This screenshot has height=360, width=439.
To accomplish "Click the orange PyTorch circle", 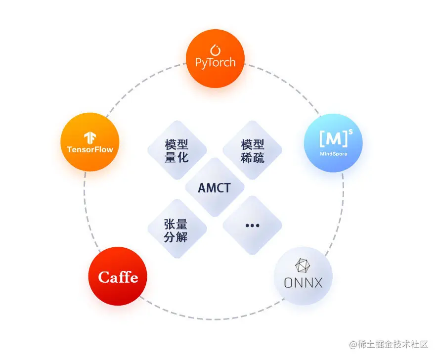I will (215, 58).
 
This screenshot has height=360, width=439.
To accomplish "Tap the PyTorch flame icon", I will (215, 50).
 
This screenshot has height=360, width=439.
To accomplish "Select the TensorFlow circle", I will (90, 142).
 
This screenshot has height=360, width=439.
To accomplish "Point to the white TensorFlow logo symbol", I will (89, 137).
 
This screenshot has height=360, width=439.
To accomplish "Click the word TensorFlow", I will (90, 149).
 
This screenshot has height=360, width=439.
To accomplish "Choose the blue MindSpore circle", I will (333, 143).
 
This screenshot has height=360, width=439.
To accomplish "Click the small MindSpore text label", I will (333, 154).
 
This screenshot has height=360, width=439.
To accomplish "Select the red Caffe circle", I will (118, 276).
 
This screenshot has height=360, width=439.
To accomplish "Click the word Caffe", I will (118, 277).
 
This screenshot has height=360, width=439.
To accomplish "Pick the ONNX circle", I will (303, 276).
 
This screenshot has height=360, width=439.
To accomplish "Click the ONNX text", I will (303, 283).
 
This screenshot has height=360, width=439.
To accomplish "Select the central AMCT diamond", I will (214, 187).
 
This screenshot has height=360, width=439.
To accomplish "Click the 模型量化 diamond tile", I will (176, 150).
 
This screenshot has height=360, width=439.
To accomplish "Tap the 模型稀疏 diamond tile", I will (252, 150).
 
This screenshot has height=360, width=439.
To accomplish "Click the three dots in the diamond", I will (252, 225).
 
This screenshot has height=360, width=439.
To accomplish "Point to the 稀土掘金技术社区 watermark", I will (389, 344).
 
